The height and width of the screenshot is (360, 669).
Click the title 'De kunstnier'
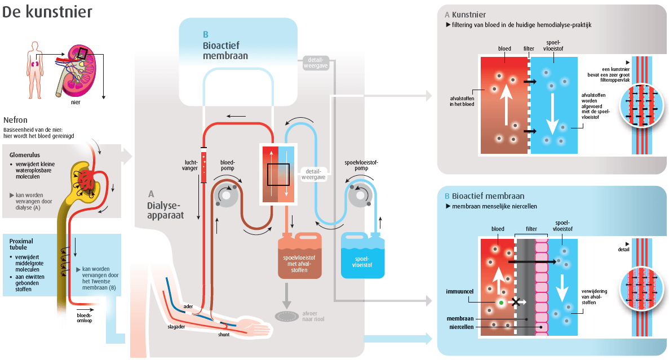pyautogui.click(x=47, y=12)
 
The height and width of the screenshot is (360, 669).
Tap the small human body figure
pyautogui.click(x=35, y=68)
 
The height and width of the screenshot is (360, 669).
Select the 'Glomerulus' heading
pyautogui.click(x=23, y=153)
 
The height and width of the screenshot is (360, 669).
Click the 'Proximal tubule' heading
pyautogui.click(x=22, y=243)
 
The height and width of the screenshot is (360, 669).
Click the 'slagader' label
pyautogui.click(x=176, y=326)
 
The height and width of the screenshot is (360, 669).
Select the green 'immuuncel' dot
pyautogui.click(x=500, y=303)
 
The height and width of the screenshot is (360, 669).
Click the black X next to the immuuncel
pyautogui.click(x=515, y=302)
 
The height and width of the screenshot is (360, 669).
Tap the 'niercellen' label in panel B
pyautogui.click(x=460, y=326)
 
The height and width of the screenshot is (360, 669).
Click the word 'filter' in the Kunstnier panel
pyautogui.click(x=529, y=49)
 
